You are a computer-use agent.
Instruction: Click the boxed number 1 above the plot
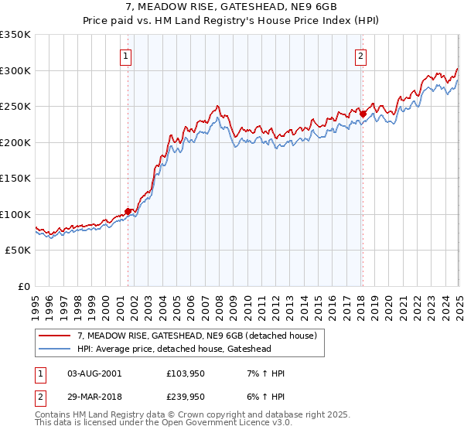point(125,55)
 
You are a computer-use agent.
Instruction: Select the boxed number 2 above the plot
point(361,55)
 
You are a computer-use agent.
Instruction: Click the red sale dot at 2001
point(128,211)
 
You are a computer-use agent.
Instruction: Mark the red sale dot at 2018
point(362,114)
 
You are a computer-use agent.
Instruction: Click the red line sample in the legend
point(55,336)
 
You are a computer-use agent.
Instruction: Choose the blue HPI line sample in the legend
point(55,349)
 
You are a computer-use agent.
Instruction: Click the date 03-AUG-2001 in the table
point(95,373)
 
